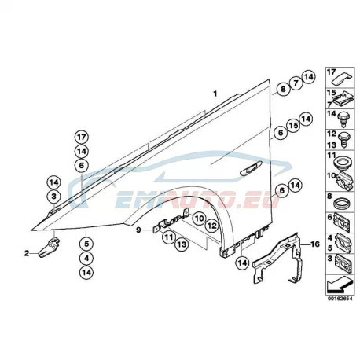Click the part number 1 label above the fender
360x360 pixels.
[215, 94]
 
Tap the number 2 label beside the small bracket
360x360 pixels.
[27, 253]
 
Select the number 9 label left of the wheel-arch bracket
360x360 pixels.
[138, 230]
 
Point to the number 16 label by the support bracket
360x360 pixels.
[315, 244]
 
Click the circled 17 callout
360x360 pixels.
[82, 137]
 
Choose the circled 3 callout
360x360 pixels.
[54, 197]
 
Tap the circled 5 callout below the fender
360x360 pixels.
[86, 244]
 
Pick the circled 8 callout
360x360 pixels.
[283, 89]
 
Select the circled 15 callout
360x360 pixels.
[293, 126]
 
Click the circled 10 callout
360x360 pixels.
[199, 218]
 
